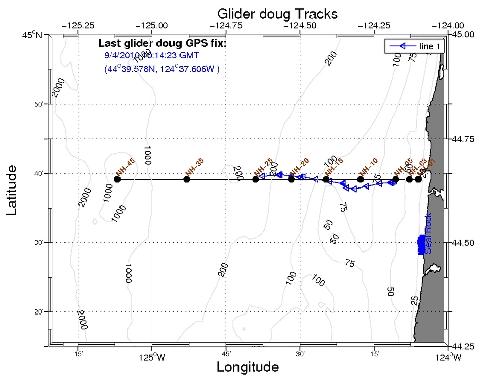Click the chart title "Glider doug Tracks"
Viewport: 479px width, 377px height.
(277, 12)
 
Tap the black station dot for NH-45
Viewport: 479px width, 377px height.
(117, 179)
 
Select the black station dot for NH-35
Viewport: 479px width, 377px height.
(187, 179)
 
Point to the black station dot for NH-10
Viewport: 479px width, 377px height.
(361, 179)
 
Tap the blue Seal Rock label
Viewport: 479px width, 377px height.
(428, 234)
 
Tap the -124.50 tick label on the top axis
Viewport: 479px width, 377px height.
(300, 25)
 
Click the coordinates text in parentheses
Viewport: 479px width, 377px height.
(162, 69)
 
